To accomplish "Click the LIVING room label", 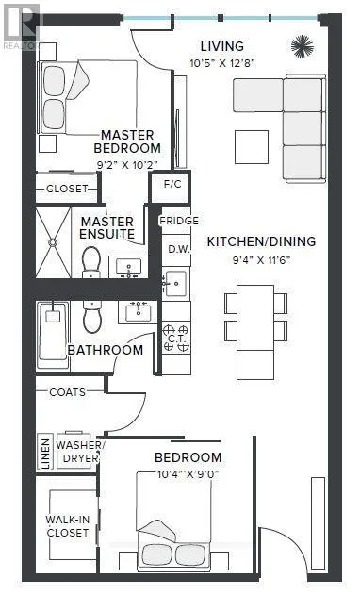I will click(x=221, y=46).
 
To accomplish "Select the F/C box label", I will click(x=172, y=185).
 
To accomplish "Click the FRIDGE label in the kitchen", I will click(x=177, y=221).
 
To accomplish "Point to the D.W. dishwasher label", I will click(x=177, y=248).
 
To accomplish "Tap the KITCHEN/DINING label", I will click(x=261, y=241).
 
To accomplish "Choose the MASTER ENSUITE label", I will click(x=106, y=226).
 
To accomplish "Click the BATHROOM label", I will click(x=105, y=350).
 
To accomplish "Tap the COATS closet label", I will click(x=68, y=391).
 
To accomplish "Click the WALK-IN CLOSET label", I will click(x=67, y=525).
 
